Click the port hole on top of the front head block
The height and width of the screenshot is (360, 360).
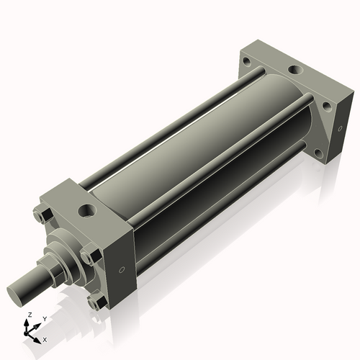click(x=89, y=210)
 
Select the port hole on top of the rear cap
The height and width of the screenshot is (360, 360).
click(x=295, y=71)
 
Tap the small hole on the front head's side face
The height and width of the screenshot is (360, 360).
click(x=121, y=270)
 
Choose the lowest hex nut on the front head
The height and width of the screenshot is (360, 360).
click(x=94, y=304)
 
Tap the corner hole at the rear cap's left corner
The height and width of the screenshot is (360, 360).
click(x=248, y=62)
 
